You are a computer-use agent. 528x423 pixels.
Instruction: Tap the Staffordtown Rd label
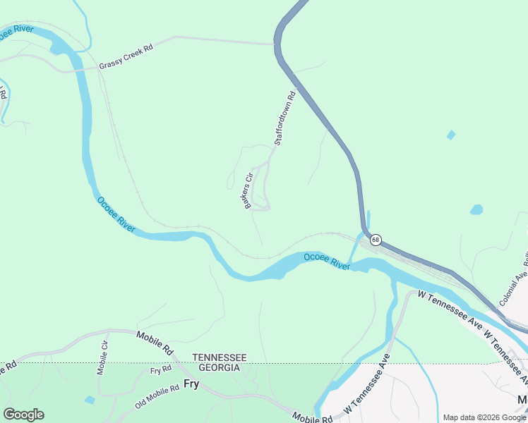(x=284, y=118)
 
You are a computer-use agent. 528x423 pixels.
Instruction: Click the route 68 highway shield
(x=376, y=240)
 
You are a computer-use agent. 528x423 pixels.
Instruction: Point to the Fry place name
(x=191, y=384)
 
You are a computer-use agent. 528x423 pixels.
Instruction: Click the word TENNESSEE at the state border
(x=220, y=357)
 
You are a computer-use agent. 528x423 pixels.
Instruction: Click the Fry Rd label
(x=161, y=369)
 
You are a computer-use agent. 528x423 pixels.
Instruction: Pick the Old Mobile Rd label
(x=167, y=401)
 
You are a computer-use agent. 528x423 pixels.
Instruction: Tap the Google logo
(x=23, y=415)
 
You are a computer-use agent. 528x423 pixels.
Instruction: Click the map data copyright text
(x=484, y=417)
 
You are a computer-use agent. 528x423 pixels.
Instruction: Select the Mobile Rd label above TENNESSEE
(x=155, y=343)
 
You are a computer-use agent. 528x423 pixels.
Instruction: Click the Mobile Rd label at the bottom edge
(x=312, y=418)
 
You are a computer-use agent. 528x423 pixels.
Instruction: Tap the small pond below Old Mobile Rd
(x=89, y=400)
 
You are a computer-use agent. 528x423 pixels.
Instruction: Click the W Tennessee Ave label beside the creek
(x=366, y=385)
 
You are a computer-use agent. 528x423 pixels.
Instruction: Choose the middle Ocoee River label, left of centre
(x=116, y=215)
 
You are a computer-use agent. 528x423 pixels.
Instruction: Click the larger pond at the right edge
(x=476, y=209)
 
